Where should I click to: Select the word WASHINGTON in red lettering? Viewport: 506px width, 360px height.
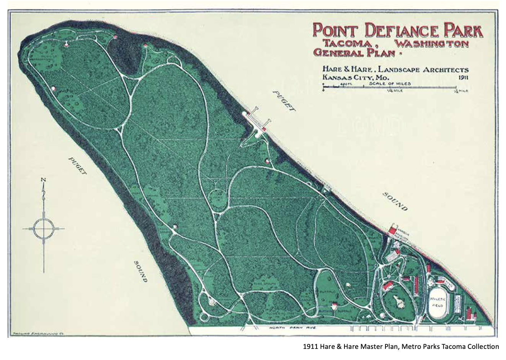(x=431, y=43)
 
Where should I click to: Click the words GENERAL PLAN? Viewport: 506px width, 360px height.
(x=354, y=52)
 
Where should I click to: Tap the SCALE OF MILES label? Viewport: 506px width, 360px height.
(x=390, y=83)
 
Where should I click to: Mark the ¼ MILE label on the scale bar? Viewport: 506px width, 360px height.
(x=395, y=91)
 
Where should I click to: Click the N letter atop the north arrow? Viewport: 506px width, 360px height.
(x=43, y=180)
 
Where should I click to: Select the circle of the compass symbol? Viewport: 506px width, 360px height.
(x=43, y=229)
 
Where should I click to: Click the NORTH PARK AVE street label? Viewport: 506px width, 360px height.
(x=292, y=328)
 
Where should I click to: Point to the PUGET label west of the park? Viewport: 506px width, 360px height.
(x=77, y=165)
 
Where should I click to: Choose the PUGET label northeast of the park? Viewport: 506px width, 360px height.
(x=284, y=101)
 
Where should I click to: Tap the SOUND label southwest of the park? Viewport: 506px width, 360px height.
(x=140, y=271)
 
